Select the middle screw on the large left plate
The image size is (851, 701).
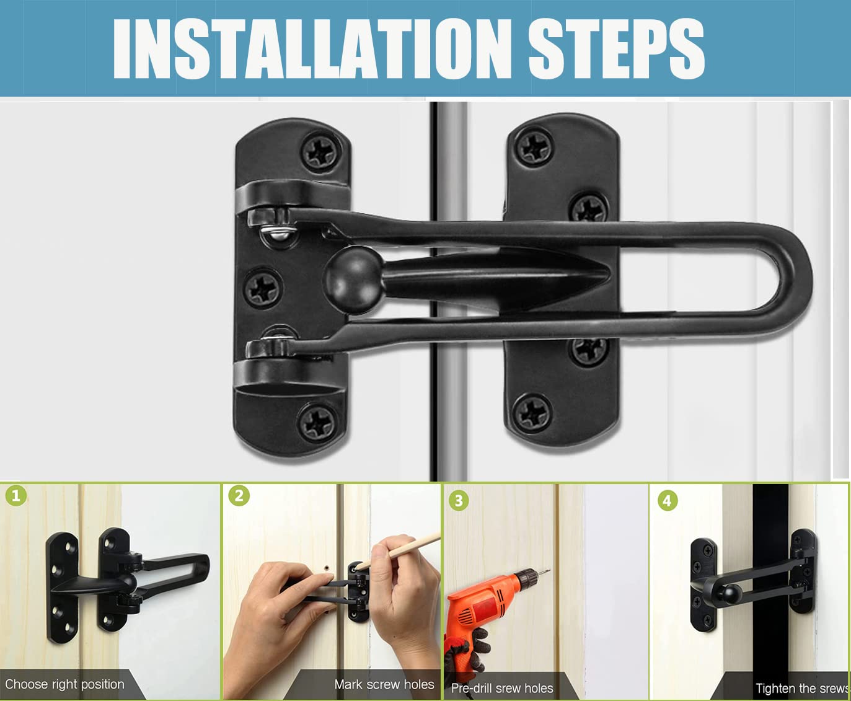coord(263,288)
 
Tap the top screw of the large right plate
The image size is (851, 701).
coord(534,146)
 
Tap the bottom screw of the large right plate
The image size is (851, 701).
coord(532,412)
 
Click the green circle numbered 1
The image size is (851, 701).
coord(16,495)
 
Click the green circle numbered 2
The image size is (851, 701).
coord(239,495)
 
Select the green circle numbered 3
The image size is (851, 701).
coord(459,500)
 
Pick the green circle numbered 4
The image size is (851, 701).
coord(667,500)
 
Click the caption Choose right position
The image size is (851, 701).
coord(64,684)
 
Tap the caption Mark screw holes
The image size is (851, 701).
coord(384,684)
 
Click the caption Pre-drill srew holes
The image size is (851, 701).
coord(502,688)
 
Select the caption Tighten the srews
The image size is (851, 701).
coord(801,688)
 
